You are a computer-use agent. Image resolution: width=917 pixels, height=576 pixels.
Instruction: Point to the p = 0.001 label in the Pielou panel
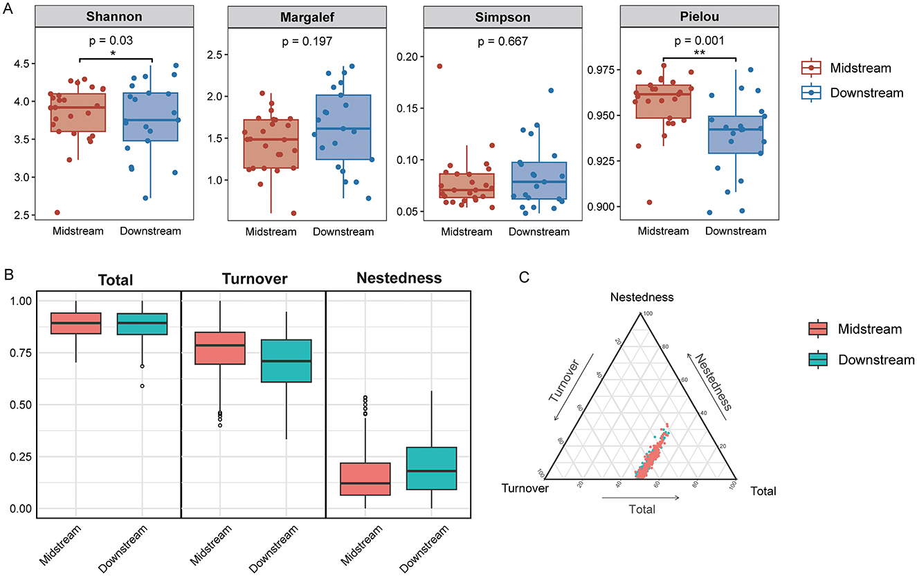click(699, 41)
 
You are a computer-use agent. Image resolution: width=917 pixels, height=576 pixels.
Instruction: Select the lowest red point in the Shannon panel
click(57, 212)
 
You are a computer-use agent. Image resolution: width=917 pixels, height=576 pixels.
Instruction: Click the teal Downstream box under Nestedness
click(432, 469)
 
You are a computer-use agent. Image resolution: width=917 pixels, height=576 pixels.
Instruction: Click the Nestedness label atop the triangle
click(642, 298)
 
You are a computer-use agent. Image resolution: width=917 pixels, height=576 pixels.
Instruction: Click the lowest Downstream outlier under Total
click(142, 386)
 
